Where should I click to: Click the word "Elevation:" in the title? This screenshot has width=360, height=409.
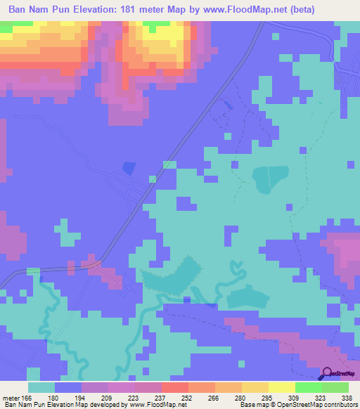click(x=106, y=9)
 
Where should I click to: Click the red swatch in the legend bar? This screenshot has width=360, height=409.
click(x=174, y=387)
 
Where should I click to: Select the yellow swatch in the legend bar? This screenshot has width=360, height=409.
click(x=281, y=387)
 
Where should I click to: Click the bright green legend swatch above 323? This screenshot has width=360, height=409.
click(x=308, y=387)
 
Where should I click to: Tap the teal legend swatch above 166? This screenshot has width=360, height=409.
click(x=41, y=387)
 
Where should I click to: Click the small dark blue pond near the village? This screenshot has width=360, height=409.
click(x=128, y=167)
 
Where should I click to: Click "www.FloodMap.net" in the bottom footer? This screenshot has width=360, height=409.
click(x=158, y=405)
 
